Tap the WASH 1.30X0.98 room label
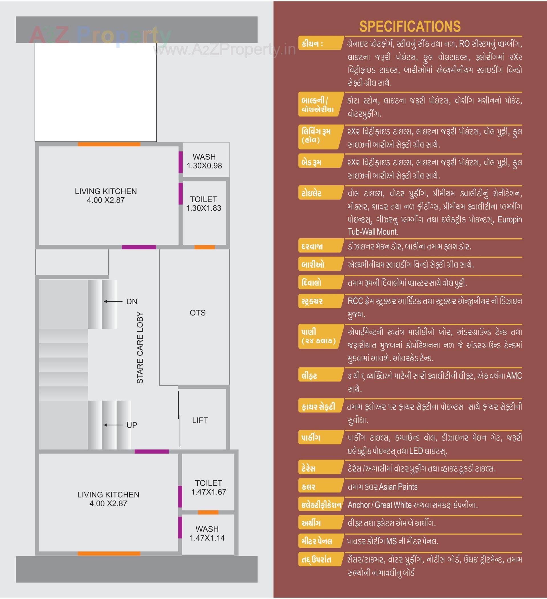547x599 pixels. [204, 161]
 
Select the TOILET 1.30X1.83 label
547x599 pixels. [204, 204]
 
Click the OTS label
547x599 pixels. [198, 313]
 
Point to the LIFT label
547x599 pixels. [200, 420]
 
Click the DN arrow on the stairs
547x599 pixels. [113, 301]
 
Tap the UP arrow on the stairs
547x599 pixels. [113, 425]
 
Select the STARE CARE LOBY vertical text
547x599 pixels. [140, 348]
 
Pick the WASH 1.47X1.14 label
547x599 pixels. [207, 533]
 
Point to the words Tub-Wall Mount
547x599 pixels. [373, 232]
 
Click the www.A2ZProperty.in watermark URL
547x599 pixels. [224, 50]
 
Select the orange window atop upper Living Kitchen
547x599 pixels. [109, 144]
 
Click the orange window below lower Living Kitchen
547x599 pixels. [109, 554]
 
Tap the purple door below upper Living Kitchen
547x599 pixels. [139, 247]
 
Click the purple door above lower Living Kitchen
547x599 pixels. [152, 452]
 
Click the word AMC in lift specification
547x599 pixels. [514, 376]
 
